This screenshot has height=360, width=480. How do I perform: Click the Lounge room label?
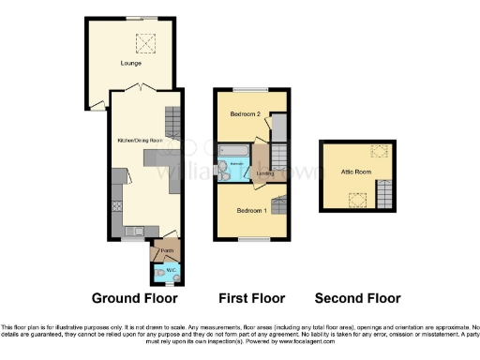tap(131, 63)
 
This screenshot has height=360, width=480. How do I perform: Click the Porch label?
tap(166, 251)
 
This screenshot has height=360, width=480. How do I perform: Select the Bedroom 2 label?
tap(245, 113)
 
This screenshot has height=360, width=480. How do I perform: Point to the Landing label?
tap(265, 172)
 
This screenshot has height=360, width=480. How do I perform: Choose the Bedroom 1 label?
tap(249, 209)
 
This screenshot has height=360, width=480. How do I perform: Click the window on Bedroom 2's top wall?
tap(248, 90)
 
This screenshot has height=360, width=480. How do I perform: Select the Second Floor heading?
tap(357, 299)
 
